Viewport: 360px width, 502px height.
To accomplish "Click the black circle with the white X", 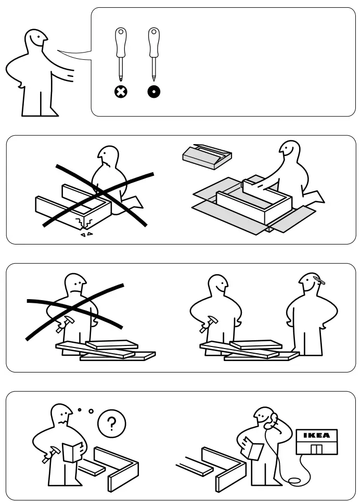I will click(121, 93).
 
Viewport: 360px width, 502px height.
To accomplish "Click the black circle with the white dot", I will click(153, 93).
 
